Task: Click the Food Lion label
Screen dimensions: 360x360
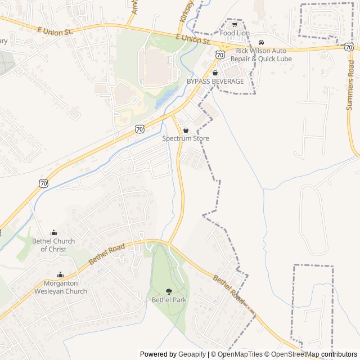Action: pos(235,33)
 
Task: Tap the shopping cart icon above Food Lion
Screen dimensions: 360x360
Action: pos(235,25)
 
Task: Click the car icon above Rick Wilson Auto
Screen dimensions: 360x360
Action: pos(261,42)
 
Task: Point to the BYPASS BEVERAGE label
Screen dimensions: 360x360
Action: pos(215,82)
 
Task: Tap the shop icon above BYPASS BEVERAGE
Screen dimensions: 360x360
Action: pos(215,73)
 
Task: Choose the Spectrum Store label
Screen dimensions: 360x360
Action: pos(186,138)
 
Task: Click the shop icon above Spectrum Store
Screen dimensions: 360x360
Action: pos(186,130)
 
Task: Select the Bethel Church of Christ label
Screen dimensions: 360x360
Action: pos(53,245)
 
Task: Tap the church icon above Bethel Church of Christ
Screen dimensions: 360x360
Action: pos(53,232)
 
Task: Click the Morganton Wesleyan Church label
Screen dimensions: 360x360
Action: pos(61,287)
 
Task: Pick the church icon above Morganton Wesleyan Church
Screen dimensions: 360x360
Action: pos(61,274)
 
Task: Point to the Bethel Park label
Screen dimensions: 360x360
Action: pos(169,300)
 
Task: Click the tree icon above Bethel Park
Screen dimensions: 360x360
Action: pos(169,291)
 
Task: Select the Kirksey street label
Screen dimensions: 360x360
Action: pos(185,11)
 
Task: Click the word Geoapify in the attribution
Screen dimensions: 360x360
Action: pos(192,354)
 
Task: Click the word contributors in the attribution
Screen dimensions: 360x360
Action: pos(339,354)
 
